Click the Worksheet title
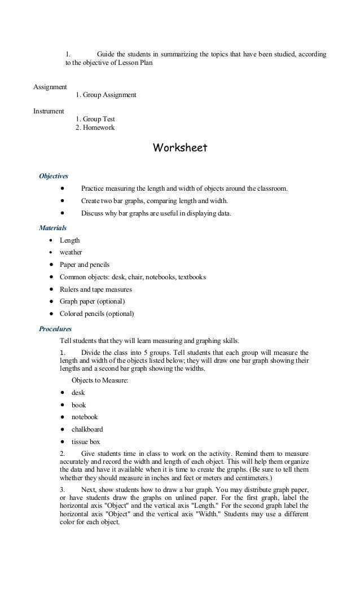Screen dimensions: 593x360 pos(180,148)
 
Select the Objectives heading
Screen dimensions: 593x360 pos(53,176)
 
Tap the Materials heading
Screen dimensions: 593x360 pos(52,228)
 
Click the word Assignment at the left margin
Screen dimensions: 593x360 pos(50,87)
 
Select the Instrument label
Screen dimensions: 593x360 pos(49,111)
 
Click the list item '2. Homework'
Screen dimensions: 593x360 pos(95,128)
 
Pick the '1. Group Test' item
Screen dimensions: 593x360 pos(95,120)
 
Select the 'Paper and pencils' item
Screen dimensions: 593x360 pos(85,265)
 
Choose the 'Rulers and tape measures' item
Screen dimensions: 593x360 pos(95,289)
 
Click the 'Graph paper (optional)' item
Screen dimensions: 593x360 pos(92,302)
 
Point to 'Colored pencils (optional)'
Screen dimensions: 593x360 pos(97,314)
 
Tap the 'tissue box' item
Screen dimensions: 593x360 pos(85,441)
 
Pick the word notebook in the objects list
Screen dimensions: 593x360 pos(84,417)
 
